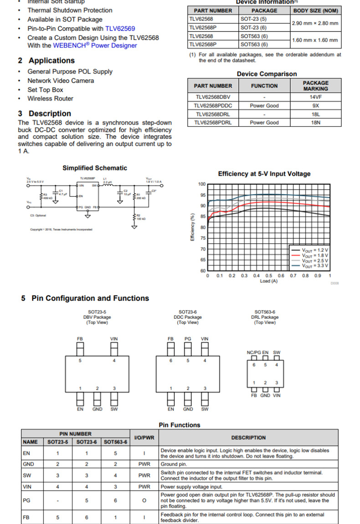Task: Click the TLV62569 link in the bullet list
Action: click(120, 29)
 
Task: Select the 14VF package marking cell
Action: click(315, 97)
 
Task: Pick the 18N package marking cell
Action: click(315, 123)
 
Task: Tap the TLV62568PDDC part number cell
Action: click(213, 106)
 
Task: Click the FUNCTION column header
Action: click(264, 86)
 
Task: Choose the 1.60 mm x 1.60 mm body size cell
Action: click(315, 40)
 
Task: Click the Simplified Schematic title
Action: click(95, 168)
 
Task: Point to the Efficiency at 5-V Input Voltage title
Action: click(264, 174)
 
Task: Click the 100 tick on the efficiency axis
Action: click(202, 184)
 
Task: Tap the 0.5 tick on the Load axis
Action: click(269, 276)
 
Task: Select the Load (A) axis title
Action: click(268, 281)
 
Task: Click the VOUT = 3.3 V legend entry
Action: click(316, 265)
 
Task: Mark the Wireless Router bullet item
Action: click(50, 99)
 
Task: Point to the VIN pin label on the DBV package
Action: click(114, 339)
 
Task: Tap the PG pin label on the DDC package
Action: click(188, 339)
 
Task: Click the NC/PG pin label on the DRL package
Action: click(254, 353)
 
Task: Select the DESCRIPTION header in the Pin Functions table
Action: click(248, 438)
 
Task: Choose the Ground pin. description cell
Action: click(248, 464)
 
